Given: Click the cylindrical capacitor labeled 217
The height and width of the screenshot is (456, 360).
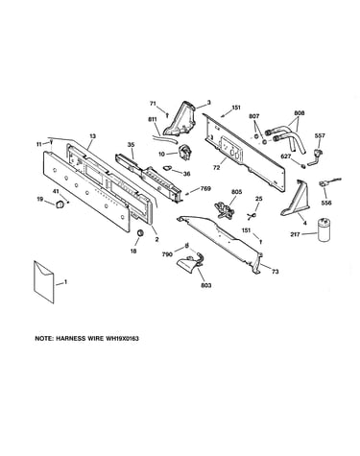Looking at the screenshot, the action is click(x=324, y=230).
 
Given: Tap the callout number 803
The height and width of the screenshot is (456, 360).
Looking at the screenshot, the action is click(x=206, y=285).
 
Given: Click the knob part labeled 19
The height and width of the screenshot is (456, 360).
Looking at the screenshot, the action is click(x=60, y=204).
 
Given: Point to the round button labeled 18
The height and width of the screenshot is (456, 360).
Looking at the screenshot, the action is click(x=140, y=233).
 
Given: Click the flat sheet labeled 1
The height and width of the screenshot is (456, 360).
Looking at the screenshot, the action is click(x=44, y=282).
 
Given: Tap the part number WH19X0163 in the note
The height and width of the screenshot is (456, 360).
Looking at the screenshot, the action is click(x=122, y=338).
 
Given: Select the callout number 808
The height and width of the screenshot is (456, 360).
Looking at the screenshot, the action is click(x=300, y=113).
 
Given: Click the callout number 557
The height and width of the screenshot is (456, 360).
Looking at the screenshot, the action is click(x=320, y=135).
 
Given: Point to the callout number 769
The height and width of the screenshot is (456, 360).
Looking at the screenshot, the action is click(x=205, y=189).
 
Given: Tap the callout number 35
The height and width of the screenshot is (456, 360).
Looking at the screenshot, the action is click(x=131, y=145).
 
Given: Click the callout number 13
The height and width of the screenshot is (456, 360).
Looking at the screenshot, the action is click(x=92, y=136).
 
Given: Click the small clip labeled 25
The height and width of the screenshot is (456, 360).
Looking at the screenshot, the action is click(x=252, y=216).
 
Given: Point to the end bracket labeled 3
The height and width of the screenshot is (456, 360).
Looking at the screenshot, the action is click(x=180, y=119).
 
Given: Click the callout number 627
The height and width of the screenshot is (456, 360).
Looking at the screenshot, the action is click(x=286, y=156).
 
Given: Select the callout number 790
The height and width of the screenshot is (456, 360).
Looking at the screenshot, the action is click(x=167, y=254).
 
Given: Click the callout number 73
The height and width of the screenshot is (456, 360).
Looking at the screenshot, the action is click(x=276, y=272).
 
